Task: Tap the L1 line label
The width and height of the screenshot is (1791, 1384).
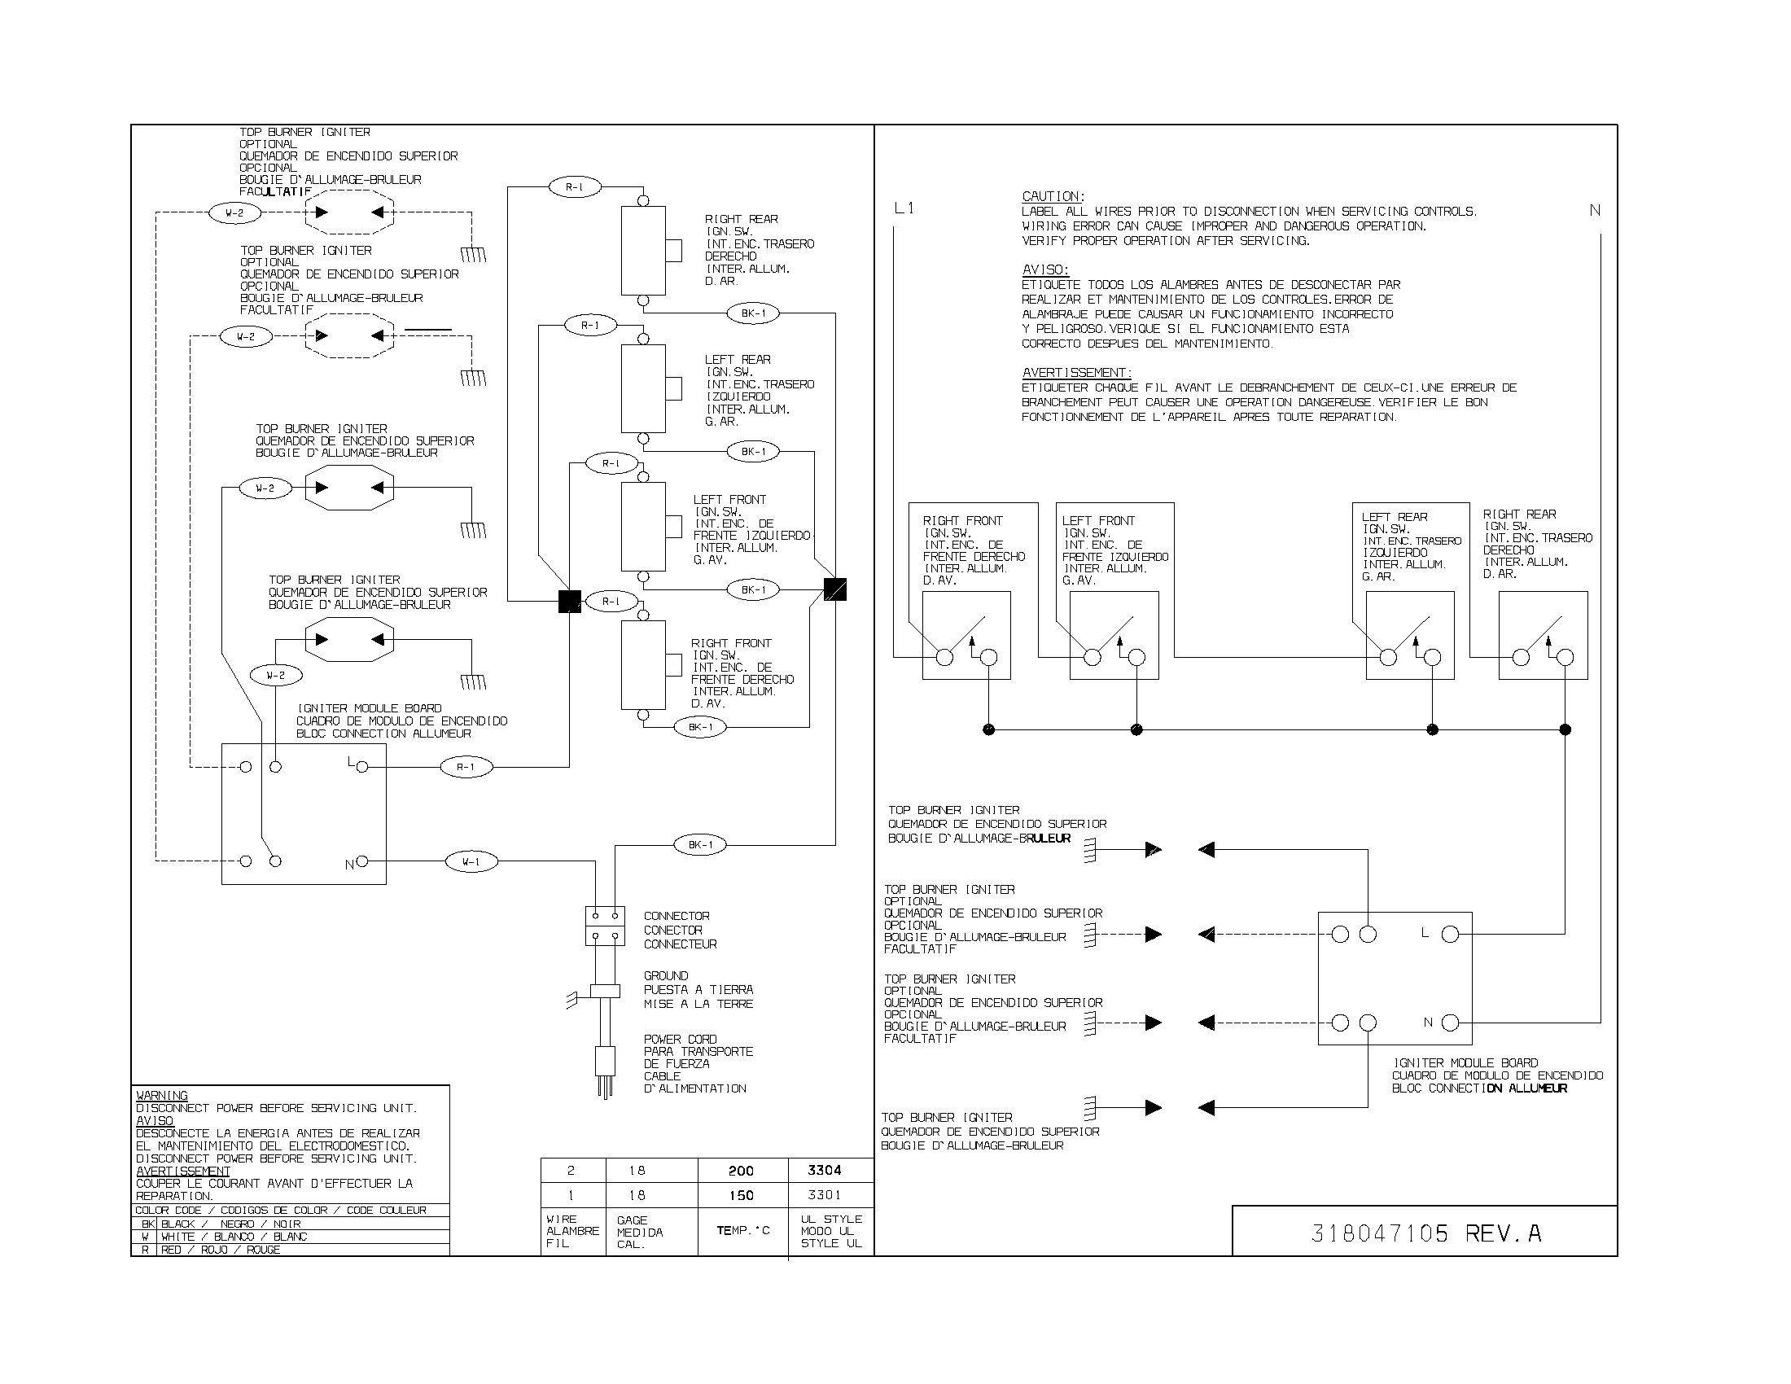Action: tap(904, 209)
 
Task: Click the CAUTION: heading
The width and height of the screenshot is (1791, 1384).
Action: tap(1053, 197)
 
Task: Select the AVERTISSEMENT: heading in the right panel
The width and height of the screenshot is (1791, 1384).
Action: tap(1077, 373)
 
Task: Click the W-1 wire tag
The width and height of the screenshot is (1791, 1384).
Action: tap(471, 861)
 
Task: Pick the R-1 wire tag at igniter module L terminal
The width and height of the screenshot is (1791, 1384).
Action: tap(466, 768)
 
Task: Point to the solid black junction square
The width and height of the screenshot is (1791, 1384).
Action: tap(569, 602)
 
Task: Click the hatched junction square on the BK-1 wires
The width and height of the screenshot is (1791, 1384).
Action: tap(834, 589)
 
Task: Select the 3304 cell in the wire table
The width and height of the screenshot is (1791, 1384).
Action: tap(824, 1170)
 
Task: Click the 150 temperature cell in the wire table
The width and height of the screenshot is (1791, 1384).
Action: tap(742, 1195)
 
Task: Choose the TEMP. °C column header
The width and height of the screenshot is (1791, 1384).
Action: tap(743, 1231)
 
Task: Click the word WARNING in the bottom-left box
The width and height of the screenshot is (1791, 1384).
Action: tap(161, 1095)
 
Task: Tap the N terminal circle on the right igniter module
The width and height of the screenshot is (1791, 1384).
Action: tap(1450, 1023)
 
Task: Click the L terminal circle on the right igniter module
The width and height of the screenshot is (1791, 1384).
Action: tap(1450, 934)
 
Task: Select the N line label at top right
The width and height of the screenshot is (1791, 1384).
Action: tap(1595, 211)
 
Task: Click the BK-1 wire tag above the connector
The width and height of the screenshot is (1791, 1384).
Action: tap(700, 844)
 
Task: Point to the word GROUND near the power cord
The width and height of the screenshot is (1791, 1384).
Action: tap(666, 975)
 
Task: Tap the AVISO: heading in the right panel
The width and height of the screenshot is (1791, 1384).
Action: tap(1044, 269)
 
